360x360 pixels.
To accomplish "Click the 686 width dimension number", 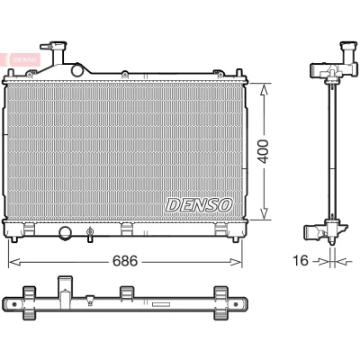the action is click(x=125, y=261).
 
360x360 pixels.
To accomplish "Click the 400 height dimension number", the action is click(x=264, y=151).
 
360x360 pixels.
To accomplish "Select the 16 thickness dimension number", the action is click(x=301, y=260).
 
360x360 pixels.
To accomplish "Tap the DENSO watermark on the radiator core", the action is click(x=199, y=205).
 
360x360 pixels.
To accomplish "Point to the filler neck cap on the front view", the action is click(x=54, y=46).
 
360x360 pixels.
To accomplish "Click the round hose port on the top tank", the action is click(x=77, y=70).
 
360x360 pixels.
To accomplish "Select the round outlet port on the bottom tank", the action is click(x=65, y=233).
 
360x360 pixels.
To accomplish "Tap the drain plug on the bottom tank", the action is click(x=89, y=234).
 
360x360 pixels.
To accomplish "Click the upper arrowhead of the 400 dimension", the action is click(x=264, y=89).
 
